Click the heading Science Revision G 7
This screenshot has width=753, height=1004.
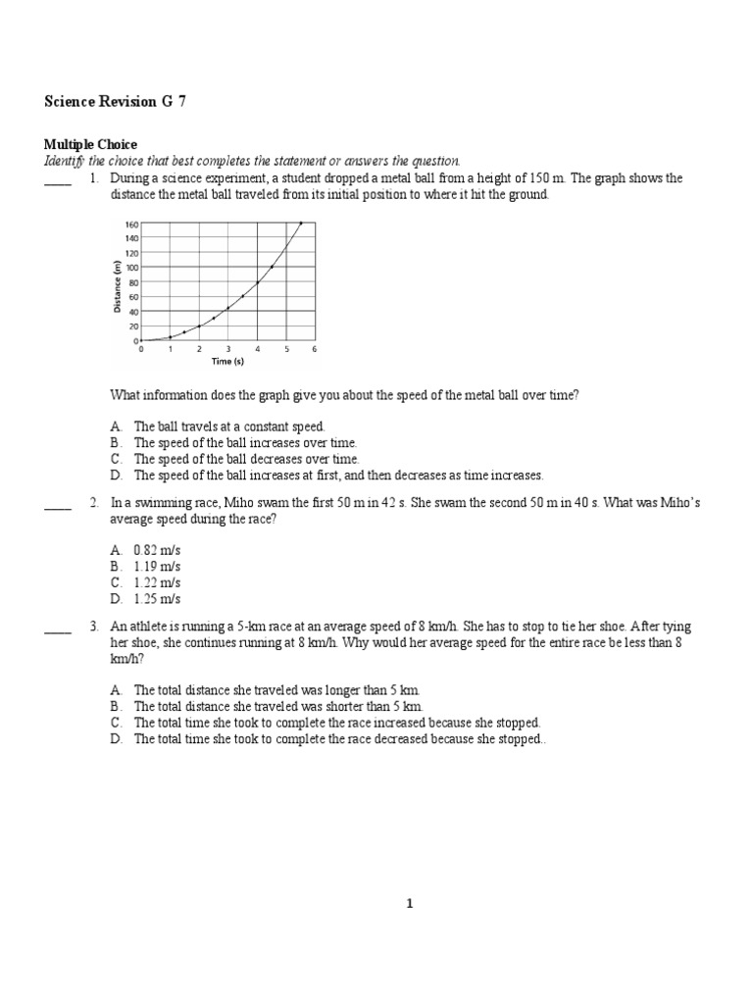[116, 102]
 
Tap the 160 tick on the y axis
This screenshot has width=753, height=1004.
[130, 223]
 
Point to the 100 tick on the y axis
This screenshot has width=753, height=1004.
[130, 267]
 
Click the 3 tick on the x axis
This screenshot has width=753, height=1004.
[227, 349]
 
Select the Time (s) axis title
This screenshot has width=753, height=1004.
[227, 361]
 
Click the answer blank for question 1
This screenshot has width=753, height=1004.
[58, 180]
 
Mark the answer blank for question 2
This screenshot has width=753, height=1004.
[58, 504]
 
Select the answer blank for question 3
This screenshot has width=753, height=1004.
[58, 627]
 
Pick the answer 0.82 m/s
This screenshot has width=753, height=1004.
[157, 551]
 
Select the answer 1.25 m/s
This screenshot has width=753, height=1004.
[157, 598]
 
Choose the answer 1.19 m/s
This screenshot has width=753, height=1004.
[157, 567]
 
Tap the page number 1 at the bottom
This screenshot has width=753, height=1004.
[411, 904]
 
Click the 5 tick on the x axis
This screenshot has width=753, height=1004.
[286, 349]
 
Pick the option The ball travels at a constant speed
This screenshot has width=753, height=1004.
[228, 427]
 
